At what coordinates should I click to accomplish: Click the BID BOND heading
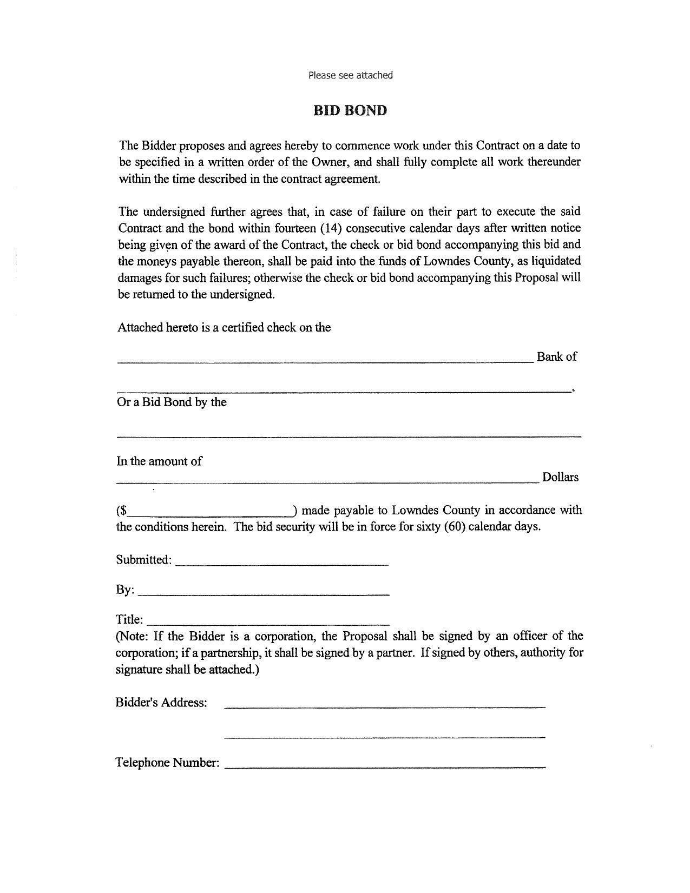click(350, 110)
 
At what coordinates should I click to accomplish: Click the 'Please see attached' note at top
click(350, 75)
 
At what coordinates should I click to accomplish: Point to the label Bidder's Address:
click(161, 703)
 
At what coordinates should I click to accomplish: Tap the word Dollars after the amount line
click(560, 477)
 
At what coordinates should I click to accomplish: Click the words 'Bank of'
click(556, 356)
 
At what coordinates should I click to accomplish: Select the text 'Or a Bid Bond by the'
click(172, 402)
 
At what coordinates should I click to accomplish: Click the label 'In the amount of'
click(159, 461)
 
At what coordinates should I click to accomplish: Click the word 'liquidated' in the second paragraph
click(556, 261)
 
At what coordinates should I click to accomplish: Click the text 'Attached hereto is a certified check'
click(206, 328)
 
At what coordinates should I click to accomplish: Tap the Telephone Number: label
click(167, 763)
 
